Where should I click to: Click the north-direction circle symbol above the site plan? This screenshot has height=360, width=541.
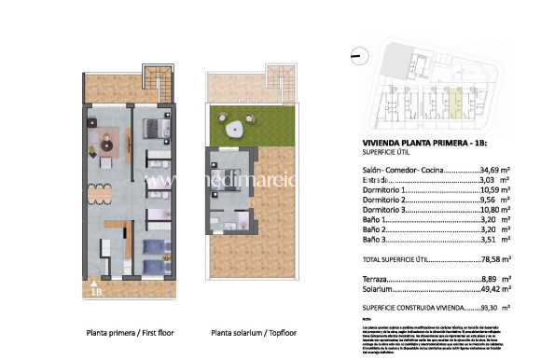point(356,57)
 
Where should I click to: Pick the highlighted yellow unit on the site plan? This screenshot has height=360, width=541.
point(456,99)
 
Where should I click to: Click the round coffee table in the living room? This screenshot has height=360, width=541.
point(106,142)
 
